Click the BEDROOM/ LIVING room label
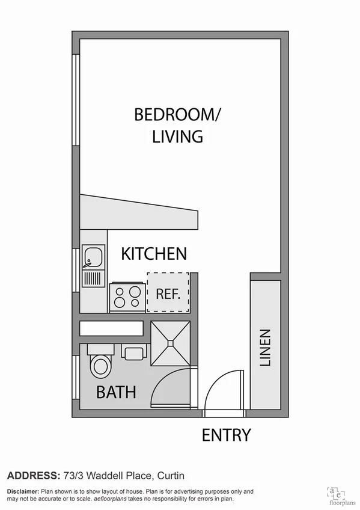[169, 125]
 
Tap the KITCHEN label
[154, 254]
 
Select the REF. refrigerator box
[168, 293]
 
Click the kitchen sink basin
[93, 258]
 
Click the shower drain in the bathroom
[171, 343]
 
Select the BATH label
[117, 393]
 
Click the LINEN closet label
[265, 348]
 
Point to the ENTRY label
[226, 435]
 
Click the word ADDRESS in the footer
[31, 475]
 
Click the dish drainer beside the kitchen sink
[93, 278]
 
